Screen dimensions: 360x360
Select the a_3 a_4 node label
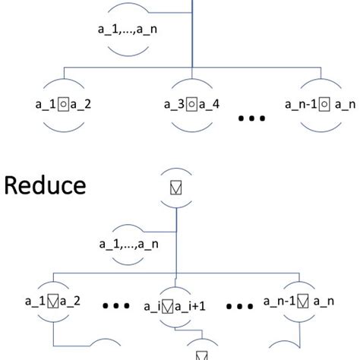[191, 102]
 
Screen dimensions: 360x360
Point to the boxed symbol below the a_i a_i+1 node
[201, 353]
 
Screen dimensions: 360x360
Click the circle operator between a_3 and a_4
[192, 102]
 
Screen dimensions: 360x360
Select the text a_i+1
[198, 308]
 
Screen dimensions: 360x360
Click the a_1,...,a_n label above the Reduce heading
[131, 33]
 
